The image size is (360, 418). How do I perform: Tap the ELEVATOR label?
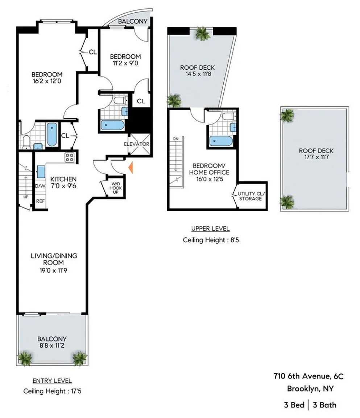(x=137, y=144)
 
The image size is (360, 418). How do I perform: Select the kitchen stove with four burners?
(x=70, y=157)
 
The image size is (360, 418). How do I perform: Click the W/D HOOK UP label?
(x=116, y=188)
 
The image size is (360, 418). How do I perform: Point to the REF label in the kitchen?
(x=41, y=201)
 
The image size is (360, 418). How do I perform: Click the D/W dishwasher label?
(x=40, y=186)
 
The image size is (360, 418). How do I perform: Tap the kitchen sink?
(x=41, y=172)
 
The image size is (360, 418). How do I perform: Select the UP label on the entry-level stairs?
(x=26, y=197)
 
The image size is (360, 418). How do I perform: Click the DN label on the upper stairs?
(x=176, y=139)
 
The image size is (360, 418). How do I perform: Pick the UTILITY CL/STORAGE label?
(x=250, y=196)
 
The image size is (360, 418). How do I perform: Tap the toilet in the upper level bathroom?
(x=229, y=116)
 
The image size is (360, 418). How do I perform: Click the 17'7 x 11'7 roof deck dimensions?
(x=316, y=157)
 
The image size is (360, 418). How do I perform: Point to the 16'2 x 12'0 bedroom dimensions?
(x=47, y=81)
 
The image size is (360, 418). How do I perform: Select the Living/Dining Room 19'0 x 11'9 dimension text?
(x=53, y=271)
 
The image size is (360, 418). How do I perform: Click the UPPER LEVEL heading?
(x=210, y=229)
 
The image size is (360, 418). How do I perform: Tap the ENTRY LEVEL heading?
(x=52, y=381)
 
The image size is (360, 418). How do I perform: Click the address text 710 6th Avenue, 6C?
(x=309, y=376)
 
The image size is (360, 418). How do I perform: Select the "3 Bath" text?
(x=324, y=405)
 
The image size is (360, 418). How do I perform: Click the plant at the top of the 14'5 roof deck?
(x=203, y=33)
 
